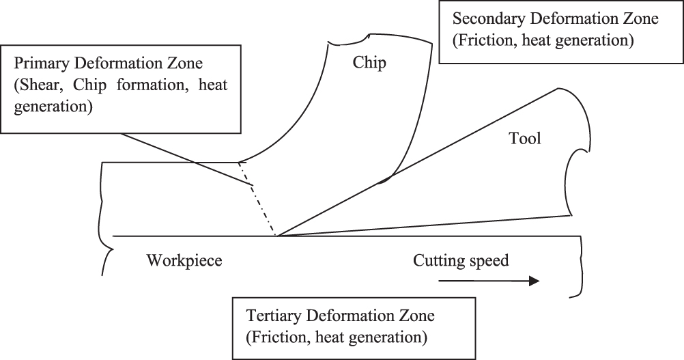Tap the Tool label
point(525,139)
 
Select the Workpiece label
point(185,261)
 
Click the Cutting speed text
point(461,260)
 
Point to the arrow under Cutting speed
point(489,280)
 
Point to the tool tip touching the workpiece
point(276,236)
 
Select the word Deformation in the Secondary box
point(578,19)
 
